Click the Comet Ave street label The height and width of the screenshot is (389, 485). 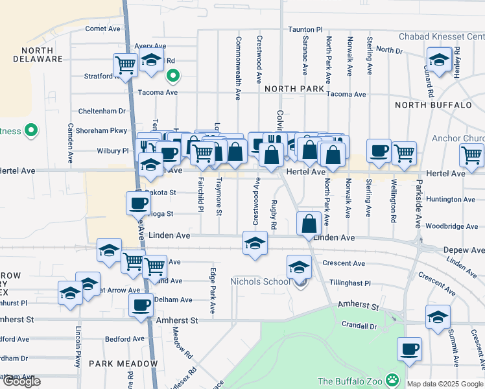tap(103, 29)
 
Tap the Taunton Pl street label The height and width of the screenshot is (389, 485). tap(305, 30)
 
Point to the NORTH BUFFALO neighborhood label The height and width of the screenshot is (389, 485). tap(433, 104)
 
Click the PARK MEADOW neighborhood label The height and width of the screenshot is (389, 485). tap(123, 364)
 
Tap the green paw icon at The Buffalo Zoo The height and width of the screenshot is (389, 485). tap(392, 379)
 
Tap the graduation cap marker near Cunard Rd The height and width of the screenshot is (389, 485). tap(439, 62)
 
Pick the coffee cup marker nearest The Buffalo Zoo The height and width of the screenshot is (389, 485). tap(409, 349)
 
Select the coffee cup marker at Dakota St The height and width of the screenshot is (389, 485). tap(137, 204)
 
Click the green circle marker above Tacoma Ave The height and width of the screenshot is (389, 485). tap(172, 77)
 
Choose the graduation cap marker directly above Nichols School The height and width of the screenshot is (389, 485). tap(299, 266)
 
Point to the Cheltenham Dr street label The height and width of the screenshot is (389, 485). tap(102, 112)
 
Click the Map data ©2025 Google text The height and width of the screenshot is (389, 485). tap(445, 384)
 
